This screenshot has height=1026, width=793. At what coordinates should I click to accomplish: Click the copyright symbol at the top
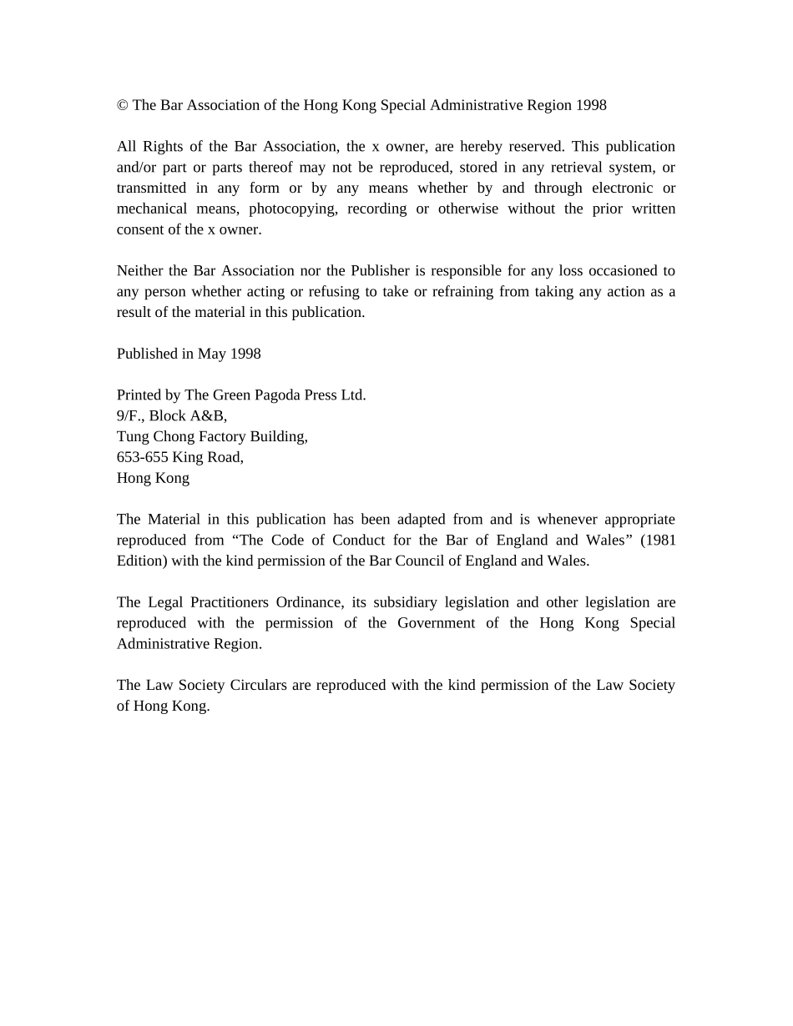122,105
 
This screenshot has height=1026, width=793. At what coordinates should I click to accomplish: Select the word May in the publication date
212,354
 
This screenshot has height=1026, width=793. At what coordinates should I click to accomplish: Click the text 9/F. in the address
131,415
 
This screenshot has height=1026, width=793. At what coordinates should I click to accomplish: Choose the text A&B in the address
209,415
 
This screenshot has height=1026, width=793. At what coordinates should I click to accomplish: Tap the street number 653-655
143,457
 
